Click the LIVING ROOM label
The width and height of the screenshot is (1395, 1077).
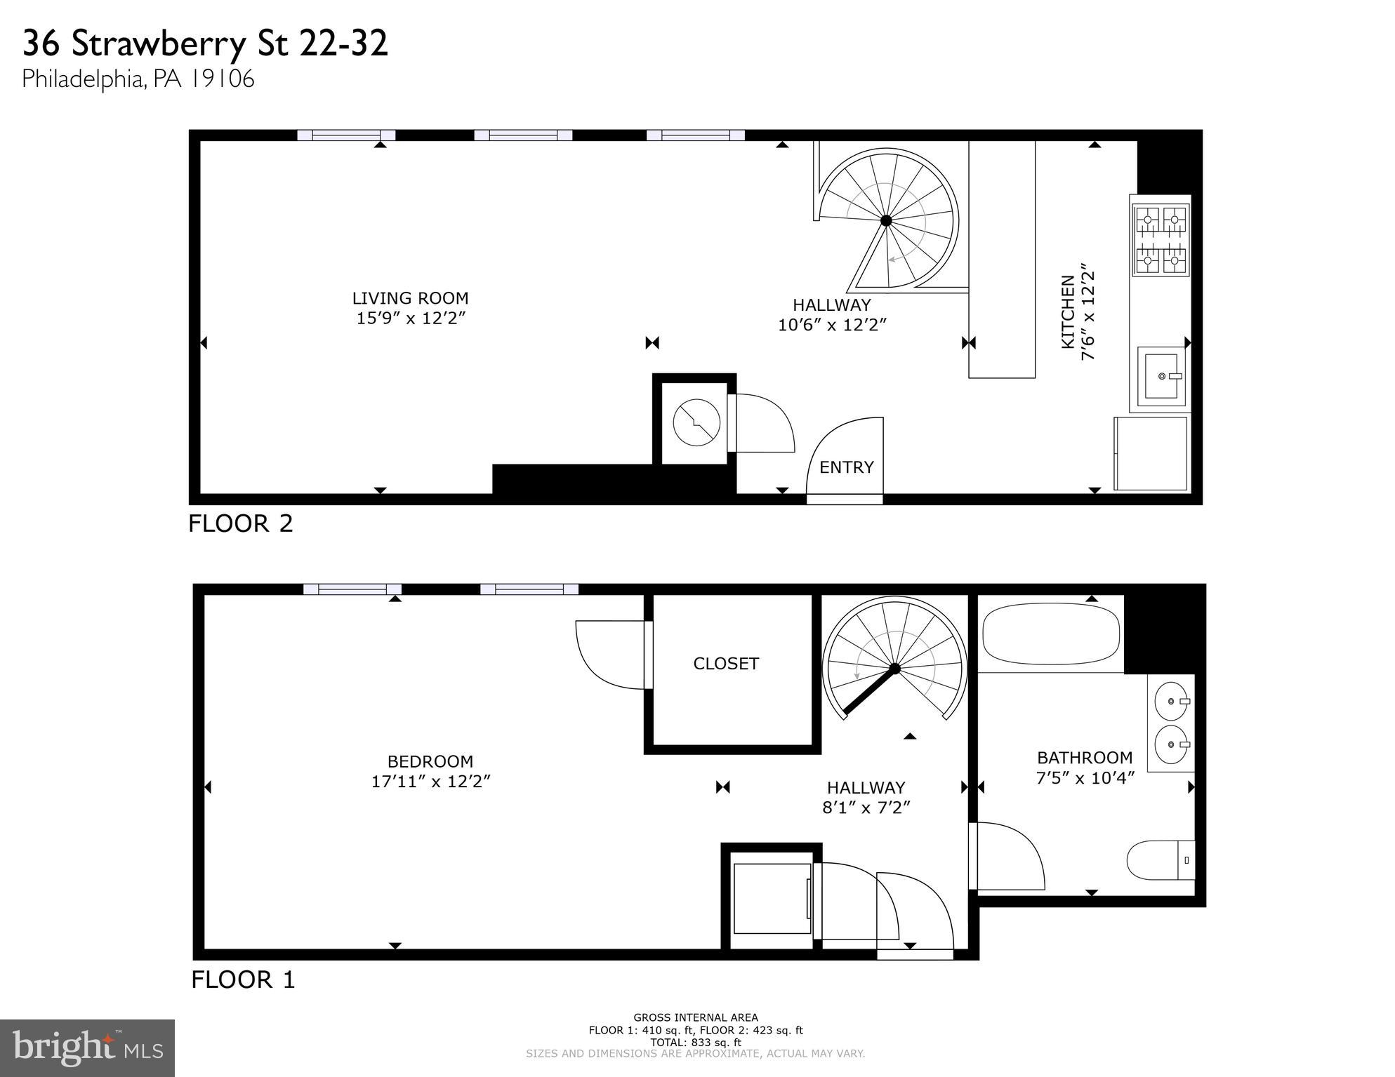click(x=410, y=298)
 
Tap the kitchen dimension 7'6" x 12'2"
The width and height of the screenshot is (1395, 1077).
click(x=1087, y=312)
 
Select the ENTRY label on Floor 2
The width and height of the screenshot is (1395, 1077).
click(x=846, y=467)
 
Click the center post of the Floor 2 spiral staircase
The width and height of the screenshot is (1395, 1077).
click(x=886, y=220)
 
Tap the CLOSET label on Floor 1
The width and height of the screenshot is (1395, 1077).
click(x=726, y=664)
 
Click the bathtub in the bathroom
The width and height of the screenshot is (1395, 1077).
click(x=1050, y=634)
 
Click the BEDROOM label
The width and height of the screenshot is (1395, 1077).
click(x=430, y=761)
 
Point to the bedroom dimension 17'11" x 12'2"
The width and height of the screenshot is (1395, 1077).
click(x=430, y=782)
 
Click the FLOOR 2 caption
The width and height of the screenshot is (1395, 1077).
click(x=240, y=524)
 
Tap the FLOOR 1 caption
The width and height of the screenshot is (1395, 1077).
click(x=243, y=979)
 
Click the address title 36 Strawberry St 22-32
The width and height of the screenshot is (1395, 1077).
click(x=205, y=44)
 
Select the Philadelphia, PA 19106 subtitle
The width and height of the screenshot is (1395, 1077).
click(x=138, y=79)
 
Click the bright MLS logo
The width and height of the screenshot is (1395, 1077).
click(x=87, y=1048)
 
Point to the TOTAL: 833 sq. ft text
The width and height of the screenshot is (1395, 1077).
click(x=695, y=1043)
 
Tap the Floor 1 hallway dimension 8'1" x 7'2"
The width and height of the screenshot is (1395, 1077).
click(x=866, y=808)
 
